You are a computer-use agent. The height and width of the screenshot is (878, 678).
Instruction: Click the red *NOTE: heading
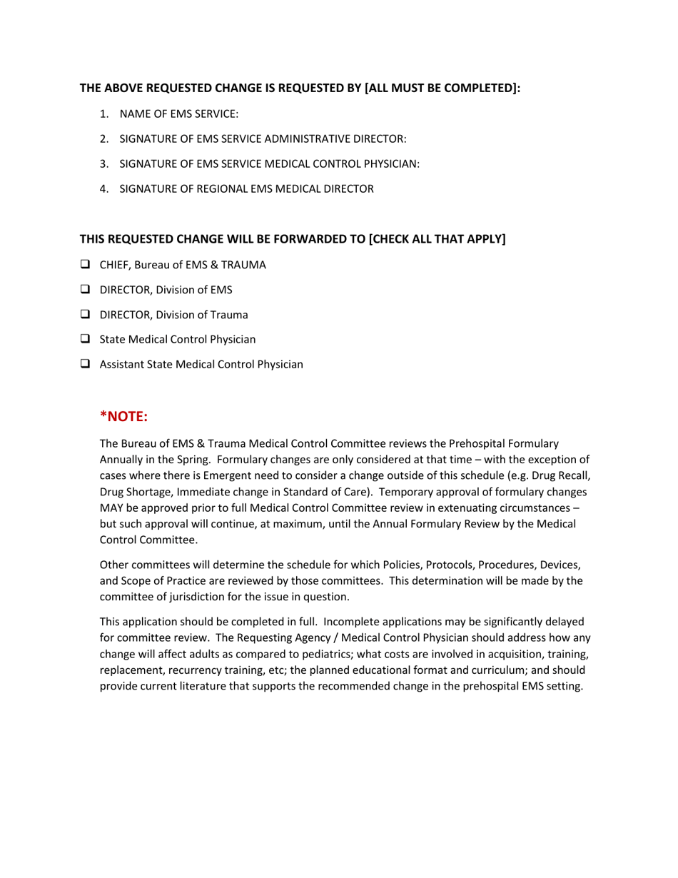[x=123, y=416]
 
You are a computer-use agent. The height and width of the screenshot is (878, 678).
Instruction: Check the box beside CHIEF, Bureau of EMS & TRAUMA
[x=85, y=265]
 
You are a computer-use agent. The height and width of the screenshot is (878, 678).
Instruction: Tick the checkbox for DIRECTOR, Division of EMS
[x=85, y=290]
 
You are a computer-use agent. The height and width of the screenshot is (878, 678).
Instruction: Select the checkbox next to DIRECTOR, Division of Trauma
[x=85, y=315]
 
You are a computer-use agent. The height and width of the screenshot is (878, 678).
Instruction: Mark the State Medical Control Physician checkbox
[x=85, y=339]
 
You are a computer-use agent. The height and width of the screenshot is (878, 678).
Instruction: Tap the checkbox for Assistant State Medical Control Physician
[x=85, y=364]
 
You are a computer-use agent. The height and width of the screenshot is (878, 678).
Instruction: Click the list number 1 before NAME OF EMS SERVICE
[x=104, y=114]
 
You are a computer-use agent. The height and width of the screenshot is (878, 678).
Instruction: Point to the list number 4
[x=104, y=189]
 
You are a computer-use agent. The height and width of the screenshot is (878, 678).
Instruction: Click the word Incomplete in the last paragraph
[x=348, y=622]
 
